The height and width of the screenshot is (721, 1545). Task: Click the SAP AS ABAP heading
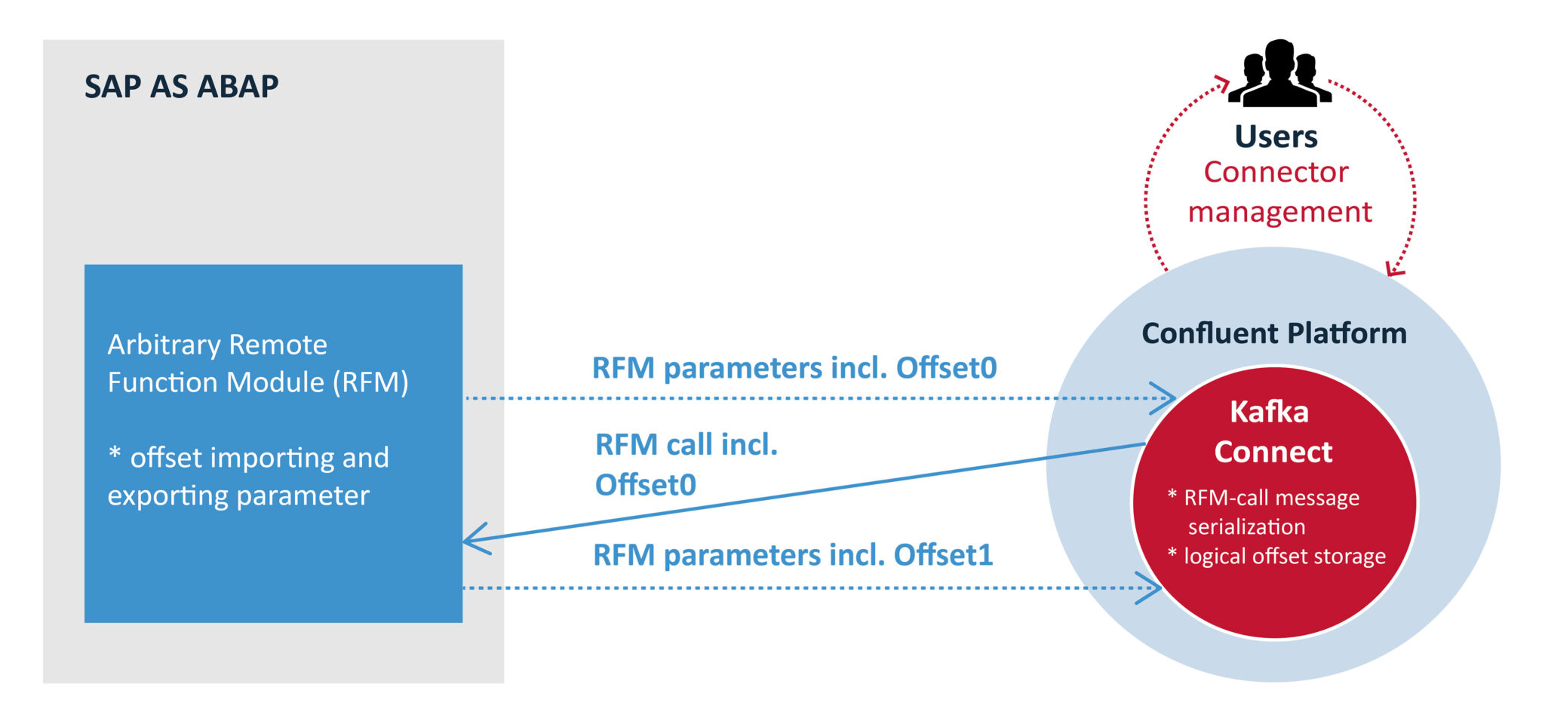click(181, 87)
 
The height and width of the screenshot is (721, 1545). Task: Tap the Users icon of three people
click(1279, 74)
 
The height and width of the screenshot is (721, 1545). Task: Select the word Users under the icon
click(1276, 137)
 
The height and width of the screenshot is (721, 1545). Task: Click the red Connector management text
click(1279, 192)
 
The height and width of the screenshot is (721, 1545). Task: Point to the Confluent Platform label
click(1273, 333)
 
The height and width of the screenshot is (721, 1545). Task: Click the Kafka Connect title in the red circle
click(1273, 431)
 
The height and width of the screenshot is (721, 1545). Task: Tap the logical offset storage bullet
click(1278, 556)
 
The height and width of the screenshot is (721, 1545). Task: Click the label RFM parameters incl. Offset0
click(794, 368)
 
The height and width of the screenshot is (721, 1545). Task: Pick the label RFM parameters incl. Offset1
click(792, 555)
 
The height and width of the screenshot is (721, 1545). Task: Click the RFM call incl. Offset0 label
click(685, 464)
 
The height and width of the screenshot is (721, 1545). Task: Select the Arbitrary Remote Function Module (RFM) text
click(257, 364)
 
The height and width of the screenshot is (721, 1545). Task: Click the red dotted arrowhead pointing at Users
click(1223, 83)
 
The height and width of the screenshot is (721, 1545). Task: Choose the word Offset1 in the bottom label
click(943, 555)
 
